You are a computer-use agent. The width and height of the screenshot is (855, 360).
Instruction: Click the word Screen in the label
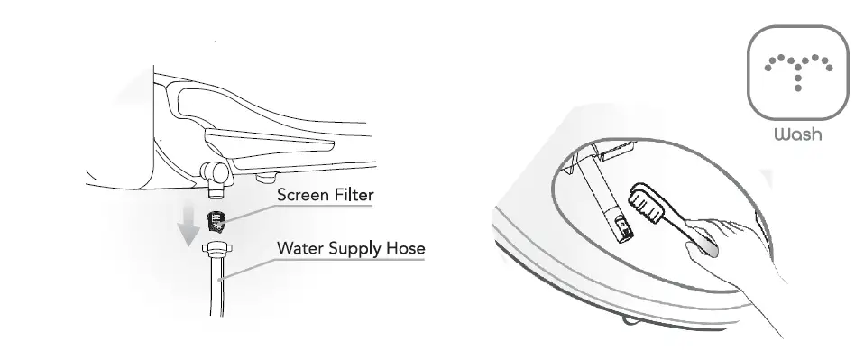[302, 195]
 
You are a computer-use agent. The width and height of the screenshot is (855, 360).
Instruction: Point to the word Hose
[405, 246]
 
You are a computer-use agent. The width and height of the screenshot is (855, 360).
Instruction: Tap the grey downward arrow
[188, 226]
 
